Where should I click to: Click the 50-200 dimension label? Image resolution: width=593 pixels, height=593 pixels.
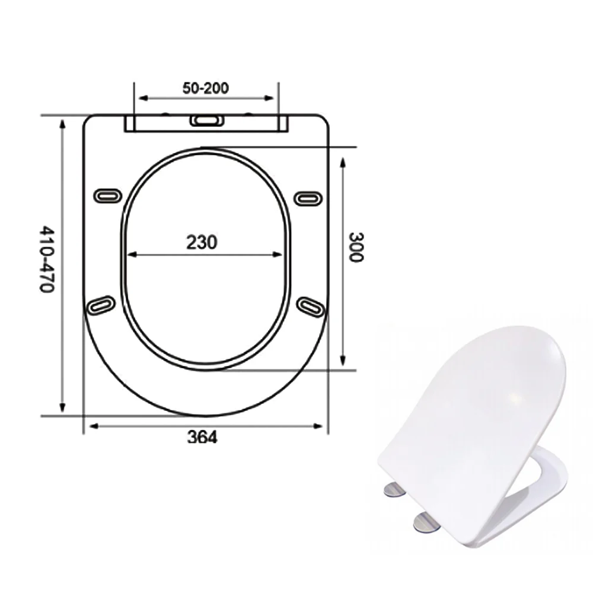pyautogui.click(x=206, y=88)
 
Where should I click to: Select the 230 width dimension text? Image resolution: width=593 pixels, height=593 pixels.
pyautogui.click(x=202, y=243)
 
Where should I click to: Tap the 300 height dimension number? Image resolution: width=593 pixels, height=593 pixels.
pyautogui.click(x=355, y=247)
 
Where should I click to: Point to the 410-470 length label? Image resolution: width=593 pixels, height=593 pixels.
pyautogui.click(x=47, y=259)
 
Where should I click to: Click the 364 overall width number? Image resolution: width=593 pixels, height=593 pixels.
pyautogui.click(x=202, y=437)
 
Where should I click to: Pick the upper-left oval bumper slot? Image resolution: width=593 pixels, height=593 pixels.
pyautogui.click(x=108, y=196)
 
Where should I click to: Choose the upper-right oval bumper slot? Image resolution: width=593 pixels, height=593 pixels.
pyautogui.click(x=308, y=199)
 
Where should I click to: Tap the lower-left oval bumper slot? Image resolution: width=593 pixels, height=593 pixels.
pyautogui.click(x=101, y=305)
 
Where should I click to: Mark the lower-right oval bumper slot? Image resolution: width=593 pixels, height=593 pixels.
pyautogui.click(x=311, y=307)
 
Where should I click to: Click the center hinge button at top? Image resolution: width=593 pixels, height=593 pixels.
pyautogui.click(x=207, y=120)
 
